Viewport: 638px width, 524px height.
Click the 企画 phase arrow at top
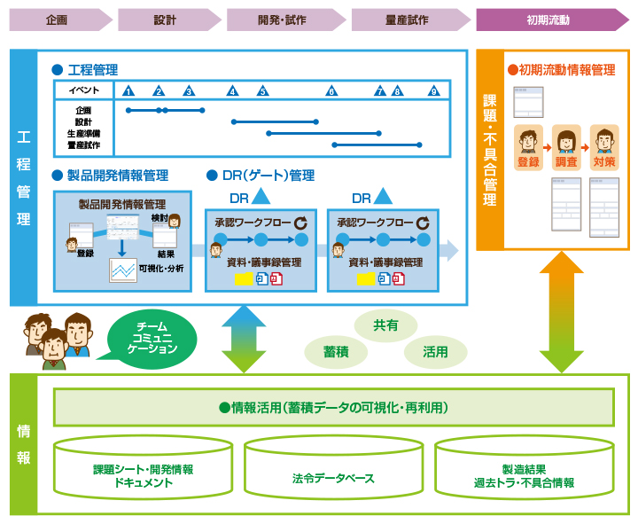[x=58, y=20]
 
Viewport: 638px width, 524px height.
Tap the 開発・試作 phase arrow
[x=284, y=20]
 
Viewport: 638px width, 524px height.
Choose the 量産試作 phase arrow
[x=408, y=20]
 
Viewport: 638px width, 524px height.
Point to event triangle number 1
[x=128, y=90]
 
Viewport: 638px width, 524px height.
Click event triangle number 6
[x=331, y=90]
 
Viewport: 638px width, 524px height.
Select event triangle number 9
[x=433, y=90]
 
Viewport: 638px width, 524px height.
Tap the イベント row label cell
[x=84, y=90]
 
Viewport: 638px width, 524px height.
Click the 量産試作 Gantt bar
[x=377, y=145]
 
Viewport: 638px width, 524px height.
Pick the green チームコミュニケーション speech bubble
[x=152, y=338]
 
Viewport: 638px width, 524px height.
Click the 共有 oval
[x=385, y=325]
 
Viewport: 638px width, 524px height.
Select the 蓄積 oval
[x=336, y=352]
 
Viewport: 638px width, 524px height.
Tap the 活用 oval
[x=435, y=352]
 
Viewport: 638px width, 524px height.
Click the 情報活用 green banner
[x=333, y=408]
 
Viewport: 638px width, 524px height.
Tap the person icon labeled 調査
[x=565, y=142]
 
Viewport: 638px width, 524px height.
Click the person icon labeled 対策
[x=604, y=142]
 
